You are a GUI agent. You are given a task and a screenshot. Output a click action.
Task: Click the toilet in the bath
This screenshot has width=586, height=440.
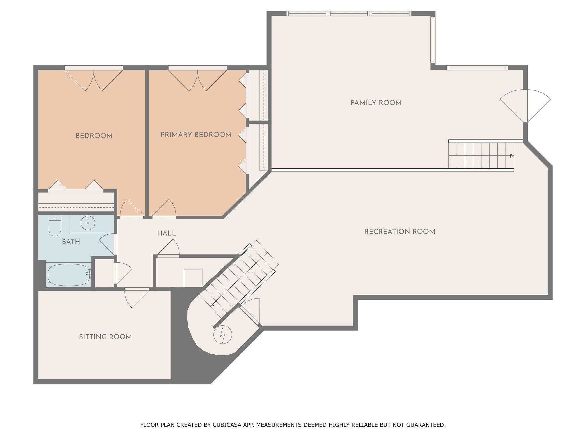point(55,226)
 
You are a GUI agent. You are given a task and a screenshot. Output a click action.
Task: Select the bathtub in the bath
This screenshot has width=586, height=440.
point(69,275)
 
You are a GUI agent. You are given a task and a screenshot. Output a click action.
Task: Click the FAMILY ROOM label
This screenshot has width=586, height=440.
point(376,103)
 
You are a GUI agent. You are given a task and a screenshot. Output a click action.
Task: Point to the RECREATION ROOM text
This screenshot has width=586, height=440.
point(399,232)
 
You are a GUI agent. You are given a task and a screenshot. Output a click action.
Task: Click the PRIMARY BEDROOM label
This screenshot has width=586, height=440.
point(196,135)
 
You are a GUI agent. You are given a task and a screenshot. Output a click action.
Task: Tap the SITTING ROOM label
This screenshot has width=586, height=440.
point(105,337)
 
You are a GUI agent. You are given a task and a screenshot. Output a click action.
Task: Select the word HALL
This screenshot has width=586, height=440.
point(167,233)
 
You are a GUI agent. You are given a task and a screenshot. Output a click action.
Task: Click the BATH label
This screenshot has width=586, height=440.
point(71,242)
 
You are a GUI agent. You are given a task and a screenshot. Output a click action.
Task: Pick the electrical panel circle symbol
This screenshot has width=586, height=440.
point(222,334)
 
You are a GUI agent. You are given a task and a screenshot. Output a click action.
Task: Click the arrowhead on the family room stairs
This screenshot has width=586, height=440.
point(512,156)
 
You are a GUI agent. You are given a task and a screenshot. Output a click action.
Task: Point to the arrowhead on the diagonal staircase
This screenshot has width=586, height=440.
point(212,305)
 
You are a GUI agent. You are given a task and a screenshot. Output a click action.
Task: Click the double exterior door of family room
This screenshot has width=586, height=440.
point(525,106)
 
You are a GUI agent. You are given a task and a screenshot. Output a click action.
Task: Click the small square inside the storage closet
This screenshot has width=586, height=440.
point(193,278)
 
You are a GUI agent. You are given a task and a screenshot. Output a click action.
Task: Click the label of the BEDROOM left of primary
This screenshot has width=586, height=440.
point(94,136)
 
